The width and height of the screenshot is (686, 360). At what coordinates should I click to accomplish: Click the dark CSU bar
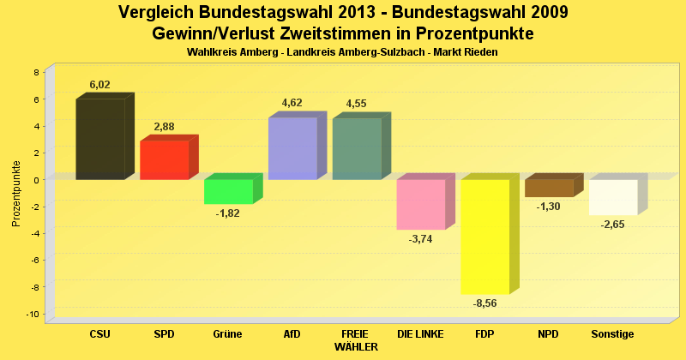tap(100, 139)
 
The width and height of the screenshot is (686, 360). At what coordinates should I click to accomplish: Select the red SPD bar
tap(164, 160)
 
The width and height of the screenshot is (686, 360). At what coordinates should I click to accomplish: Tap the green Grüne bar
tap(228, 191)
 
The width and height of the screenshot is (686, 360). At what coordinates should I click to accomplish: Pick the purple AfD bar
tap(292, 148)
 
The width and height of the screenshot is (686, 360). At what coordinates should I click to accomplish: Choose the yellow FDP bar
tap(485, 237)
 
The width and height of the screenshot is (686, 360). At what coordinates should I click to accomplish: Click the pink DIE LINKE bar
tap(421, 204)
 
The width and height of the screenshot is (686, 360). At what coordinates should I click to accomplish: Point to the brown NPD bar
tap(549, 188)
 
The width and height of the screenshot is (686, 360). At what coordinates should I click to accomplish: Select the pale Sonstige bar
tap(613, 197)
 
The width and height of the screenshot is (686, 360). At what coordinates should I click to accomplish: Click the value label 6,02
tap(100, 85)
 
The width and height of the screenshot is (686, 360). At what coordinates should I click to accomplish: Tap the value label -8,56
tap(485, 303)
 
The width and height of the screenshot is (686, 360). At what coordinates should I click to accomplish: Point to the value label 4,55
tap(356, 104)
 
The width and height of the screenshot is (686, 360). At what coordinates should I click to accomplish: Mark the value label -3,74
tap(421, 239)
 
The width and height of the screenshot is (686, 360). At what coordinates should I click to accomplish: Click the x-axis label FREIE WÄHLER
tap(356, 339)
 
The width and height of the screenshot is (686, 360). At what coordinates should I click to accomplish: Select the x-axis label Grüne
tap(228, 333)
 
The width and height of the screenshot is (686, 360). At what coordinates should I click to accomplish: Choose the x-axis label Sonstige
tap(613, 333)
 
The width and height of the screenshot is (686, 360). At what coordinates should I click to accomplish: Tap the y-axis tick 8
tap(36, 72)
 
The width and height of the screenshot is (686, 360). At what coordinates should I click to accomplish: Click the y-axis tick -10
tap(33, 315)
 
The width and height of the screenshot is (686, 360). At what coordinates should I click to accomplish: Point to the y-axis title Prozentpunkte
tap(16, 193)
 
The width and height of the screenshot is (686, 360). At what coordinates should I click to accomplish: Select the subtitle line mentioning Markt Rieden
tap(342, 52)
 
